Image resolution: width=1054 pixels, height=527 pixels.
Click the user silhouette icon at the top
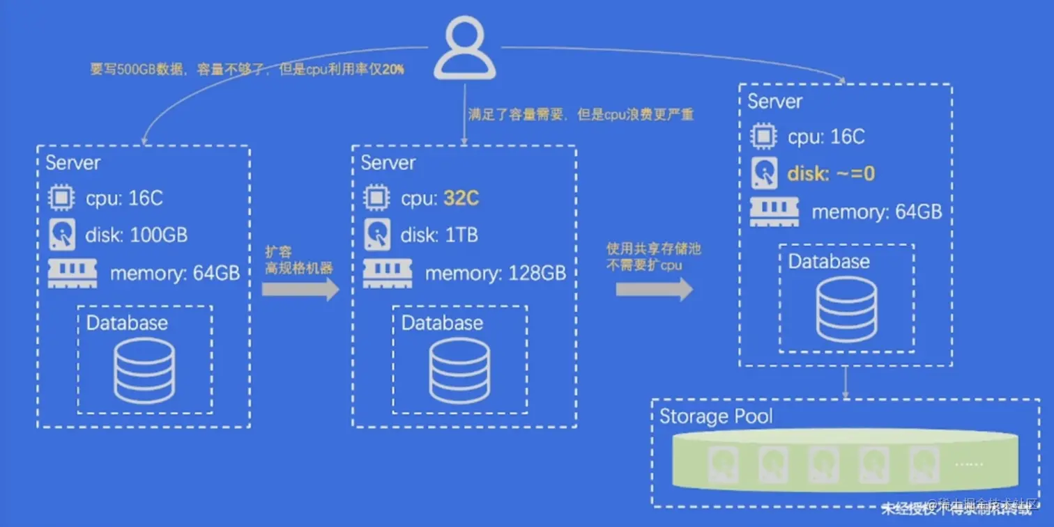(x=464, y=47)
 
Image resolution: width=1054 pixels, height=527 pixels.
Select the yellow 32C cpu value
(x=461, y=198)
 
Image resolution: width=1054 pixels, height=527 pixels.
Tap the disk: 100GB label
(x=136, y=235)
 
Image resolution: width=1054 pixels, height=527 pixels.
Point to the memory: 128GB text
(x=495, y=273)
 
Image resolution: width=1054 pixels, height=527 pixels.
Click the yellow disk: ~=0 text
(x=831, y=173)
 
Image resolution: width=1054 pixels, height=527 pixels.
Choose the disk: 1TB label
(x=438, y=235)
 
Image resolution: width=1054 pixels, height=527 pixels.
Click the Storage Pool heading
(x=716, y=416)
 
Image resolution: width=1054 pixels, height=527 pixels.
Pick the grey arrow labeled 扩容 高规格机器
(x=300, y=290)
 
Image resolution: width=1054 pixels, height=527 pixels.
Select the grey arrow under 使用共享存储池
(x=654, y=289)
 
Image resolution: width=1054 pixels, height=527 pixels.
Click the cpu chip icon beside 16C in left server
(x=61, y=198)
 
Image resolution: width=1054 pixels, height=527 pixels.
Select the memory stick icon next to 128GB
(x=387, y=274)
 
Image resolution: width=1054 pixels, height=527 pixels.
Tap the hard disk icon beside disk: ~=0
(x=764, y=173)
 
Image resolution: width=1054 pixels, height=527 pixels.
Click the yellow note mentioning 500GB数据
(x=247, y=70)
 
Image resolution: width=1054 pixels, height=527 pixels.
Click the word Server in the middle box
(x=388, y=163)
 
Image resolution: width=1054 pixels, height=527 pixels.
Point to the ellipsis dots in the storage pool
(x=969, y=462)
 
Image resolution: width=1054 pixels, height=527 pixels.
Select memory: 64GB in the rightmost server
(x=877, y=212)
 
